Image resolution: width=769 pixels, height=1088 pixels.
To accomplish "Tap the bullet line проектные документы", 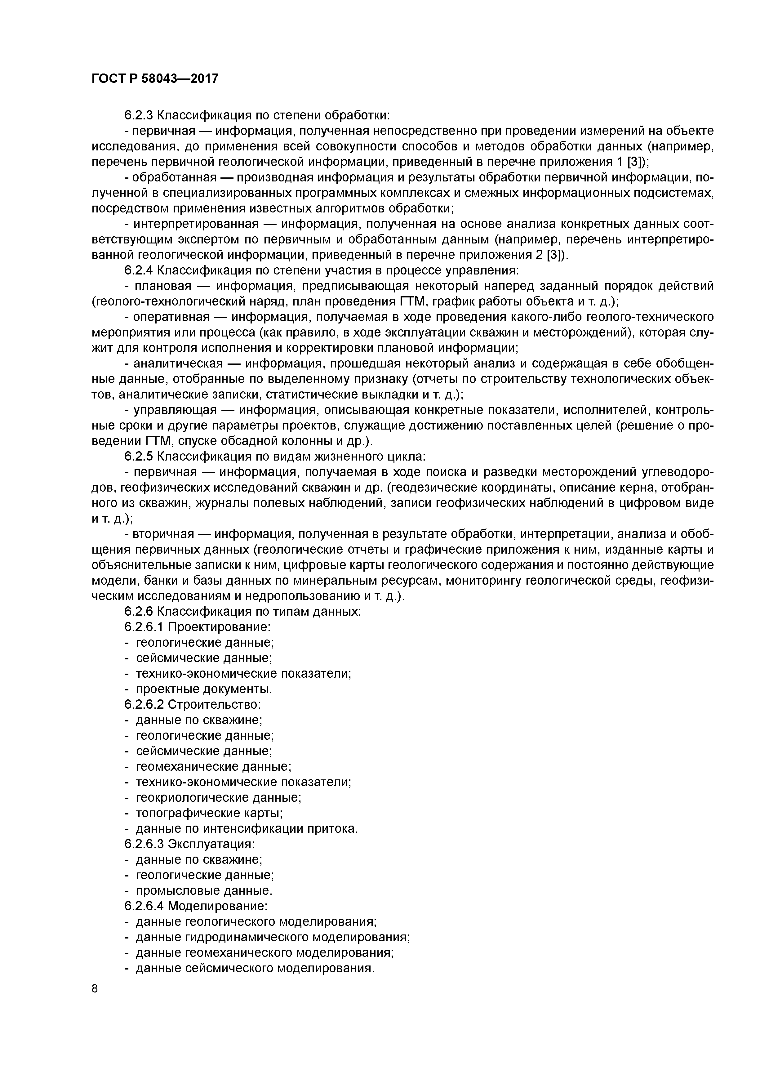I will pos(204,689).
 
